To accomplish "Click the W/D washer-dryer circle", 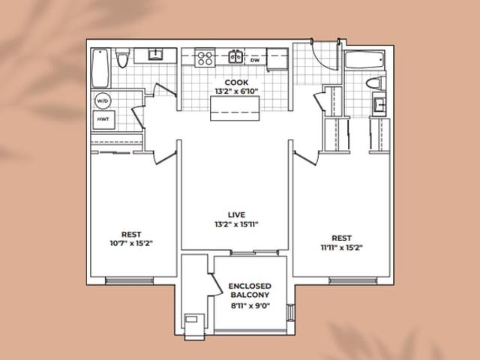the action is coord(103,100).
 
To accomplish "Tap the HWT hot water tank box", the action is coord(103,119).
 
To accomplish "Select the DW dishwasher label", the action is coord(255,60).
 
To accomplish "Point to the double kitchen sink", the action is coord(235,57).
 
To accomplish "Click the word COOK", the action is coord(236,82).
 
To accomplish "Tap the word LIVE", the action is coord(237,214).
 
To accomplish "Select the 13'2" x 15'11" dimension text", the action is coord(236,224).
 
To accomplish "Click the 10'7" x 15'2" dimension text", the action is coord(131,243).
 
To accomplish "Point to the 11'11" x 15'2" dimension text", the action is coord(342,247).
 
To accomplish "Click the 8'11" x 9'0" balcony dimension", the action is coord(250,305).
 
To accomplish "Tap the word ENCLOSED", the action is coord(250,286).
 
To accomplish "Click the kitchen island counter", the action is coord(235,108).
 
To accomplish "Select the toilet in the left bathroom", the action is coord(123,58).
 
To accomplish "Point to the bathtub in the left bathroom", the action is coord(100,68).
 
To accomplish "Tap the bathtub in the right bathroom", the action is coord(364,60).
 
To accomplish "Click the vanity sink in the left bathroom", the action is coord(155,55).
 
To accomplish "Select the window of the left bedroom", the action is coord(130,280).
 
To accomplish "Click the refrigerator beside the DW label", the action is coord(277,58).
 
